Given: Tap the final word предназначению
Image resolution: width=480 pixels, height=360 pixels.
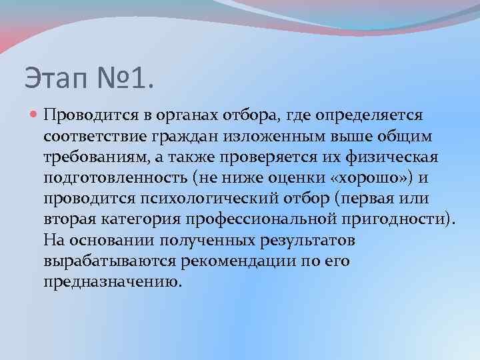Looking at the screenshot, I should [x=111, y=282].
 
